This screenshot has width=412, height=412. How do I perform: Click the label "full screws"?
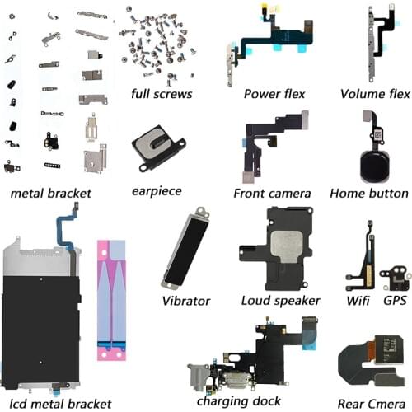pyautogui.click(x=162, y=94)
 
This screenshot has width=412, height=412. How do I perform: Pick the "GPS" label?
pyautogui.click(x=392, y=301)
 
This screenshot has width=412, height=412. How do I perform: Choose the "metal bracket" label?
pyautogui.click(x=51, y=194)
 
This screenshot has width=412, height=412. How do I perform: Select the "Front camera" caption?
pyautogui.click(x=272, y=194)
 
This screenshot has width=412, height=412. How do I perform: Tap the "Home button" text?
pyautogui.click(x=368, y=194)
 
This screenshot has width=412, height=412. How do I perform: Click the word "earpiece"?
pyautogui.click(x=157, y=191)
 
